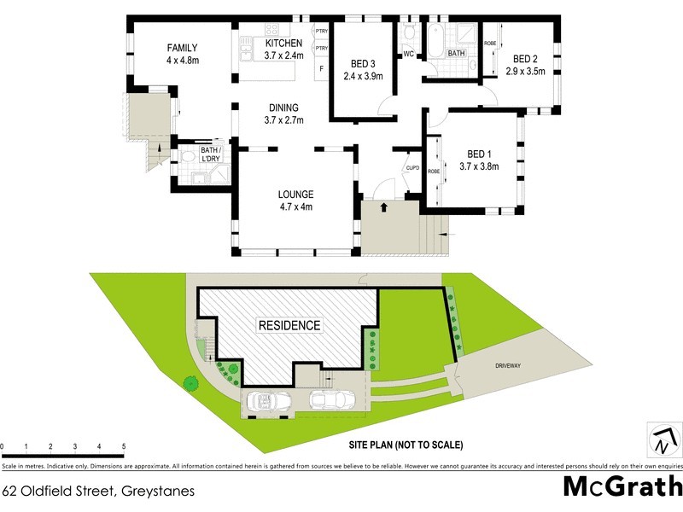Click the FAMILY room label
tap(182, 48)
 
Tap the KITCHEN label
tap(283, 44)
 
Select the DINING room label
tap(283, 108)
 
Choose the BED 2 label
tap(525, 59)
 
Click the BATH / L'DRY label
tap(210, 154)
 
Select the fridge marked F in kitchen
tap(321, 68)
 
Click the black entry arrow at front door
tap(383, 207)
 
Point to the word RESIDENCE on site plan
tap(290, 325)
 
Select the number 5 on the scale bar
tap(124, 446)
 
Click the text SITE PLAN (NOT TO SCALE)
tap(406, 445)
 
